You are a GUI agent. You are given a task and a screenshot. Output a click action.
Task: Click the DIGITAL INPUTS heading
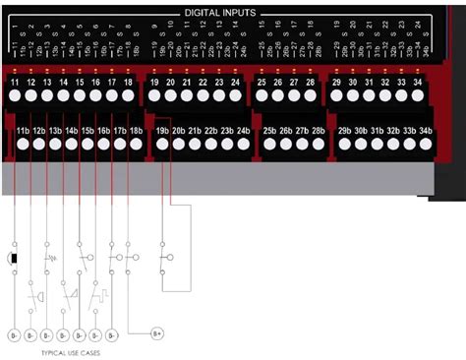point(220,13)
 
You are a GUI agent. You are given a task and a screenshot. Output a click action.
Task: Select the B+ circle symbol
point(156,333)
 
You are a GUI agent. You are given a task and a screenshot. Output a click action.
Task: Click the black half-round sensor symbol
point(13,258)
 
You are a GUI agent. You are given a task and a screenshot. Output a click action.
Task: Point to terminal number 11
point(15,83)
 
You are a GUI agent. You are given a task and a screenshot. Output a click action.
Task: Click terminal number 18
point(128,83)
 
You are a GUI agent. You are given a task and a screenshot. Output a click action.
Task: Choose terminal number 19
point(155,83)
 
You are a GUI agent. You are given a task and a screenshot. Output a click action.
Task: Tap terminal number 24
point(235,83)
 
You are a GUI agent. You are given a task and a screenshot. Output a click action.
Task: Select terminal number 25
point(262,83)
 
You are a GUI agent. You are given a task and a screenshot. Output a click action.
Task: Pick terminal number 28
point(310,83)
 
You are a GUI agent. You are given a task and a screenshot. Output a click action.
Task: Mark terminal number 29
point(337,83)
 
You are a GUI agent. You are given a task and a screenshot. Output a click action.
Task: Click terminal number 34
point(417,83)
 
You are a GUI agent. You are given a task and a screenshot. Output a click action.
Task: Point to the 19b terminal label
point(163,130)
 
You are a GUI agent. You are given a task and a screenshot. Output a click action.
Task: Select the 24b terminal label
point(243,130)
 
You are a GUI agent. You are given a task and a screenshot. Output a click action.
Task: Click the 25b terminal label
point(269,130)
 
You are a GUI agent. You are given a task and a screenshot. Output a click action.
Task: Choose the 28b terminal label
point(318,130)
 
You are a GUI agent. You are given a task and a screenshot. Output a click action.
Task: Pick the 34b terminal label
point(425,130)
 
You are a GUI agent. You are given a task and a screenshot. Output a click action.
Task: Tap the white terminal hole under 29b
point(345,145)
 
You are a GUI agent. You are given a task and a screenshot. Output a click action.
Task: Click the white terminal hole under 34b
point(425,145)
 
